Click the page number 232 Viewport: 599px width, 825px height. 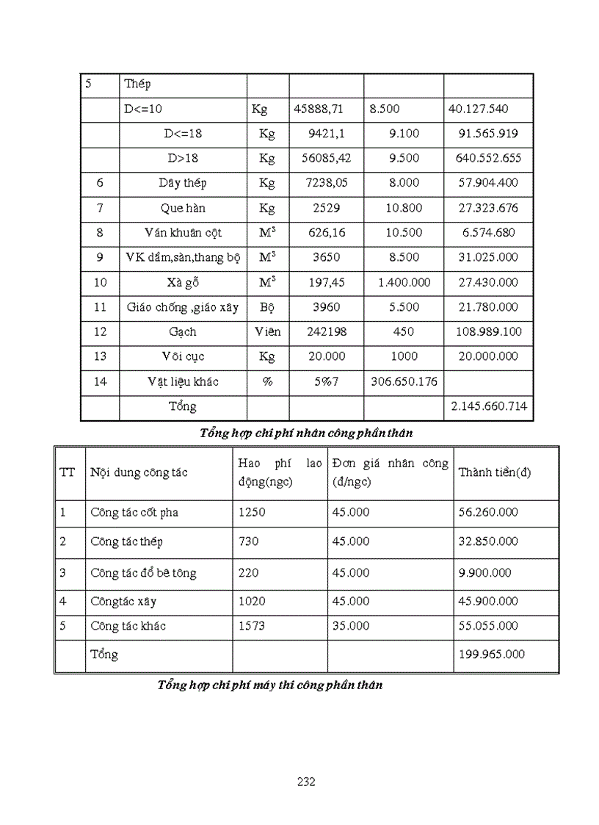click(306, 782)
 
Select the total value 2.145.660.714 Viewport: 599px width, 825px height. click(488, 406)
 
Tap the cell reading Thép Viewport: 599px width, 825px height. click(137, 84)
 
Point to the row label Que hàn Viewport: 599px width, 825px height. click(183, 208)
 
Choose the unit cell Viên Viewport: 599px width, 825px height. click(267, 331)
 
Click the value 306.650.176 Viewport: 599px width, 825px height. click(403, 381)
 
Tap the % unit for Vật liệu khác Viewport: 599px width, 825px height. click(267, 381)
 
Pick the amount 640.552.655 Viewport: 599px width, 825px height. click(488, 158)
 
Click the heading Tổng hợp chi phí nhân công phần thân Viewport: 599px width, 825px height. click(306, 433)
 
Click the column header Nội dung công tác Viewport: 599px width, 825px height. click(138, 472)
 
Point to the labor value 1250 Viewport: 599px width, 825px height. click(252, 512)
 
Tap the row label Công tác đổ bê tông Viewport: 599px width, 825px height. click(143, 572)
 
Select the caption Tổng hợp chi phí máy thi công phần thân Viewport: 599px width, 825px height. click(269, 685)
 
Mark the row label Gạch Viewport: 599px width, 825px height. click(183, 331)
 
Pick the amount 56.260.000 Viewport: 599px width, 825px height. click(488, 512)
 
